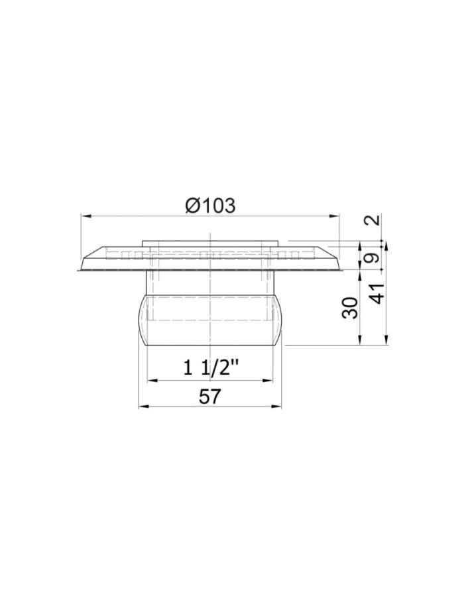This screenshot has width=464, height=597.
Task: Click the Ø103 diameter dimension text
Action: (x=209, y=206)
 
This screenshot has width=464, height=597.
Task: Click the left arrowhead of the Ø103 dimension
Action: (x=84, y=216)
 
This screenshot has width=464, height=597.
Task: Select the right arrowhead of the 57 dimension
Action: (x=278, y=407)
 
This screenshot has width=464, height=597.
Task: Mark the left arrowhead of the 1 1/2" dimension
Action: (x=150, y=379)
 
